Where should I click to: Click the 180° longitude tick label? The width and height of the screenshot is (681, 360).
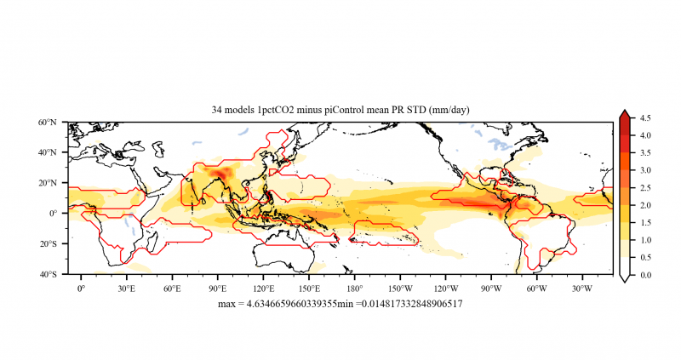click(354, 288)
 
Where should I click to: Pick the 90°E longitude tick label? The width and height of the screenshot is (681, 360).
click(217, 288)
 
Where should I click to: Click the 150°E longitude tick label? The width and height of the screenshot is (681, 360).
click(308, 288)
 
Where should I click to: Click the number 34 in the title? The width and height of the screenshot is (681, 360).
click(217, 110)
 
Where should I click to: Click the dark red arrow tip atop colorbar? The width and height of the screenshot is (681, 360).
click(624, 113)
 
